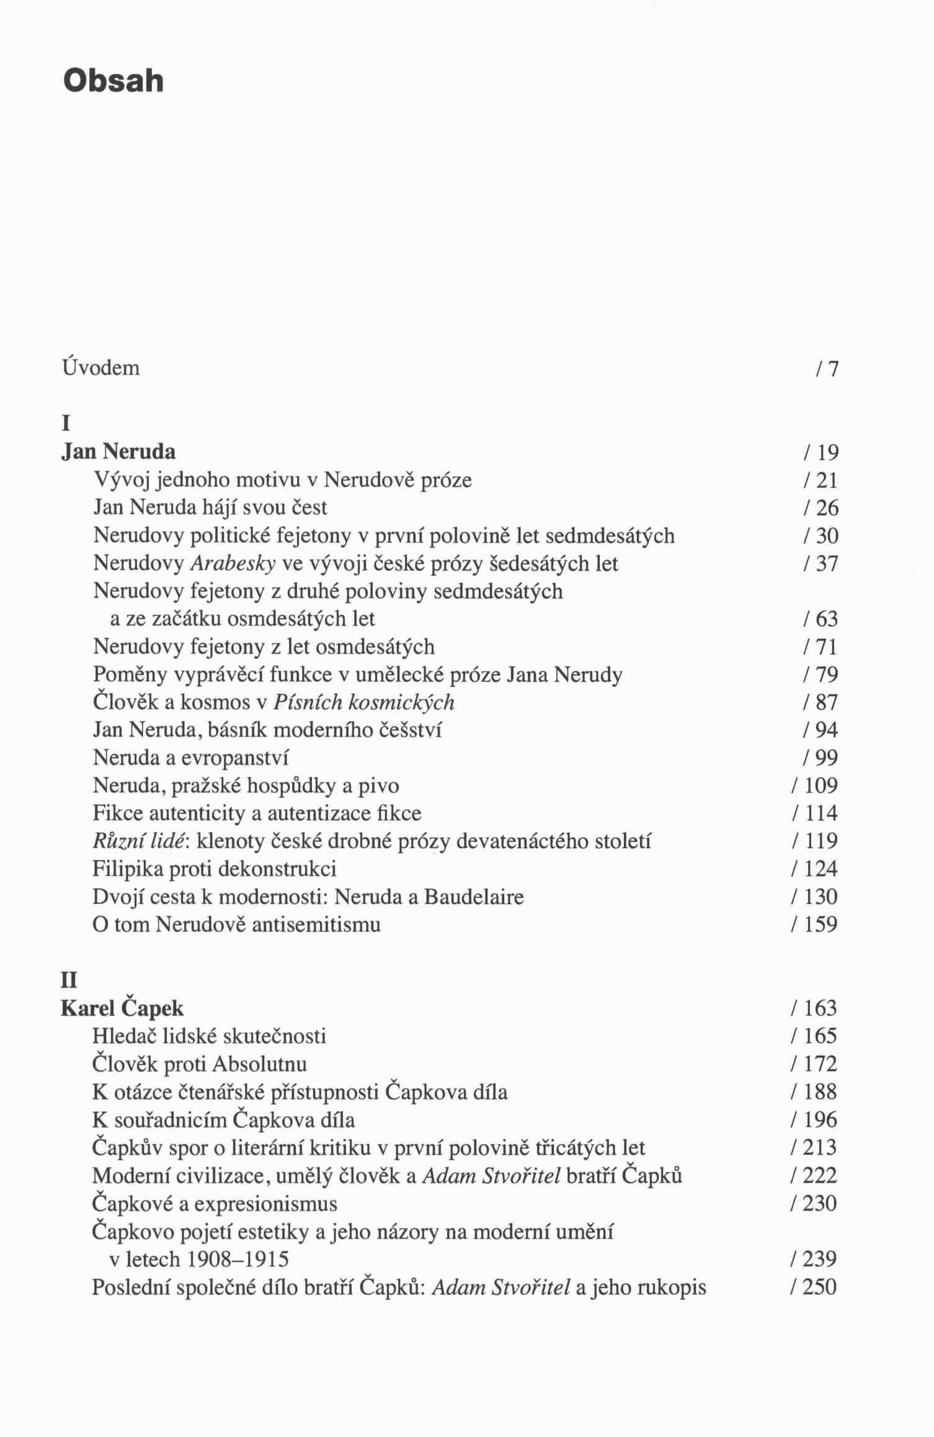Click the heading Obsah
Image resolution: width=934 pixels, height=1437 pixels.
113,81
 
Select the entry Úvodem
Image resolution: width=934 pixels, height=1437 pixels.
101,368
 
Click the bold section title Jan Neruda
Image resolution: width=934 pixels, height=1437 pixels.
118,451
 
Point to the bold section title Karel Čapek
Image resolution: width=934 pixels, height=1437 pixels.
122,1008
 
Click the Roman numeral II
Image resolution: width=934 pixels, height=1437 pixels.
69,980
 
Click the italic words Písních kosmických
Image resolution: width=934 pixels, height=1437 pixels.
364,702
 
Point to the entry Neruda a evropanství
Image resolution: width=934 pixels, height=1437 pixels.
191,758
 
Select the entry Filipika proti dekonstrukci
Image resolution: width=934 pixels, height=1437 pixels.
215,869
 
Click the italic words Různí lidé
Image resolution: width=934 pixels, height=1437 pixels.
141,841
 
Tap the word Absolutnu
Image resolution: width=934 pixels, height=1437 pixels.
259,1064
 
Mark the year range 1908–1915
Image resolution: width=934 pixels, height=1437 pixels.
238,1259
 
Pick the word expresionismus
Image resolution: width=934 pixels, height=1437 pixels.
265,1204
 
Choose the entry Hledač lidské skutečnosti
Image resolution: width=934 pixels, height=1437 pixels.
209,1036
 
